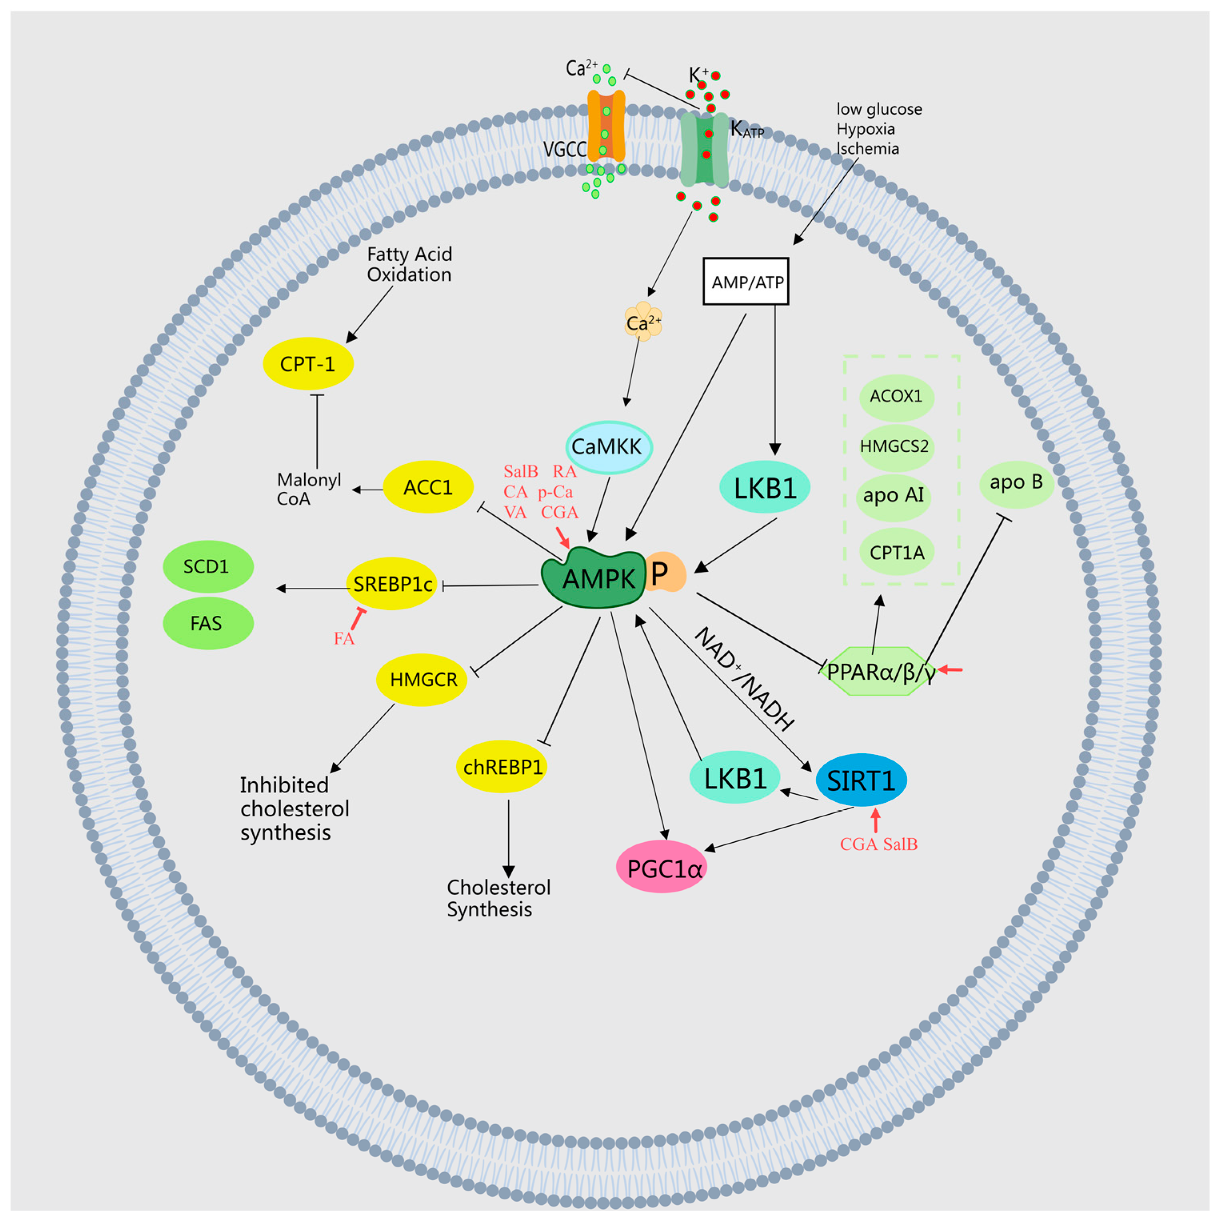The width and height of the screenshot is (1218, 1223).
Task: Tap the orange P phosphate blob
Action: click(666, 572)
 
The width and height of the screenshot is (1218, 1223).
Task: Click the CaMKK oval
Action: click(608, 447)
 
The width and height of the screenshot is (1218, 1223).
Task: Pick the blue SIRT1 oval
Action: click(861, 780)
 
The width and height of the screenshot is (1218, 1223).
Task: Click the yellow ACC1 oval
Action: click(429, 487)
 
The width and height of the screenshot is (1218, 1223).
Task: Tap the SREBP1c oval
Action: click(392, 584)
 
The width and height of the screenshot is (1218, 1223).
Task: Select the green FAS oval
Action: click(208, 624)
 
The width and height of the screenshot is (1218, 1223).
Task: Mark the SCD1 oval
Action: click(208, 567)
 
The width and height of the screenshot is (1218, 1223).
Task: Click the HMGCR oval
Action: click(422, 680)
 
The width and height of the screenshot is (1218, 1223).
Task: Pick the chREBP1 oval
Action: click(502, 767)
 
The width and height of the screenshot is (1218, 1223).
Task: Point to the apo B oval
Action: click(1016, 483)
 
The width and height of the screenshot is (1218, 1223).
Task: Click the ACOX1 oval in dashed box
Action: click(896, 397)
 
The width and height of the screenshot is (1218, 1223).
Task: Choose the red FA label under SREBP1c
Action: click(344, 639)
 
